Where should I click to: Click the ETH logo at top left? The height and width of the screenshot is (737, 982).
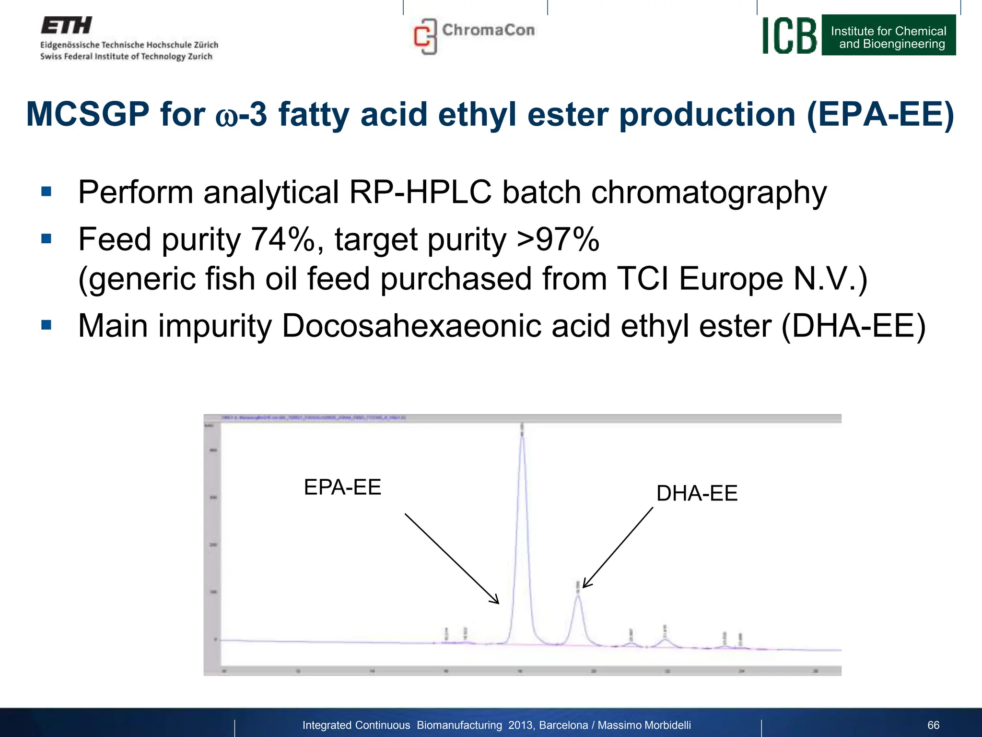(66, 25)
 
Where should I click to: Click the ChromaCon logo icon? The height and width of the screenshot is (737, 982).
(425, 36)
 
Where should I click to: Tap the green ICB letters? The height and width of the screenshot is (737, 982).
(789, 36)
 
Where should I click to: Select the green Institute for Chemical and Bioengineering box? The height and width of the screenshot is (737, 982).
(888, 36)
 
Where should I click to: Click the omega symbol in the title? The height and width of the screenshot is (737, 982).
(226, 117)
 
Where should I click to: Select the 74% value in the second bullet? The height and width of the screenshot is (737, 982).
(283, 239)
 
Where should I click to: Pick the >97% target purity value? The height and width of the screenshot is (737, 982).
(558, 239)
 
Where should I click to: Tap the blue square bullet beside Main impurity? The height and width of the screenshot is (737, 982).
(47, 325)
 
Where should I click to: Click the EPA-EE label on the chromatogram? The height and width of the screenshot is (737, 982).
(342, 487)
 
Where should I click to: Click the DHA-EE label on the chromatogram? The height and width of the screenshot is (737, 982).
(697, 493)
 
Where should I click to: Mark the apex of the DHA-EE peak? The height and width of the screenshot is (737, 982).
(578, 595)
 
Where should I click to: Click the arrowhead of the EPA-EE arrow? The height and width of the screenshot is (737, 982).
(498, 603)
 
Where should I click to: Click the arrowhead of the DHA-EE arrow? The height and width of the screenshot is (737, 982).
(585, 586)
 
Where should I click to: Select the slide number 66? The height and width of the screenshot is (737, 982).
(933, 725)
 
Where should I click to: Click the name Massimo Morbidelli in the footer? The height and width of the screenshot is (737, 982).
(644, 725)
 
